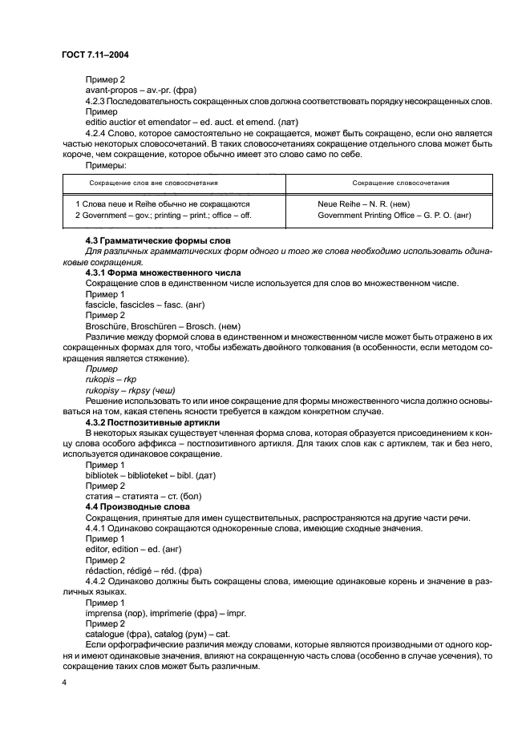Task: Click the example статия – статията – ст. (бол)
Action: (143, 496)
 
